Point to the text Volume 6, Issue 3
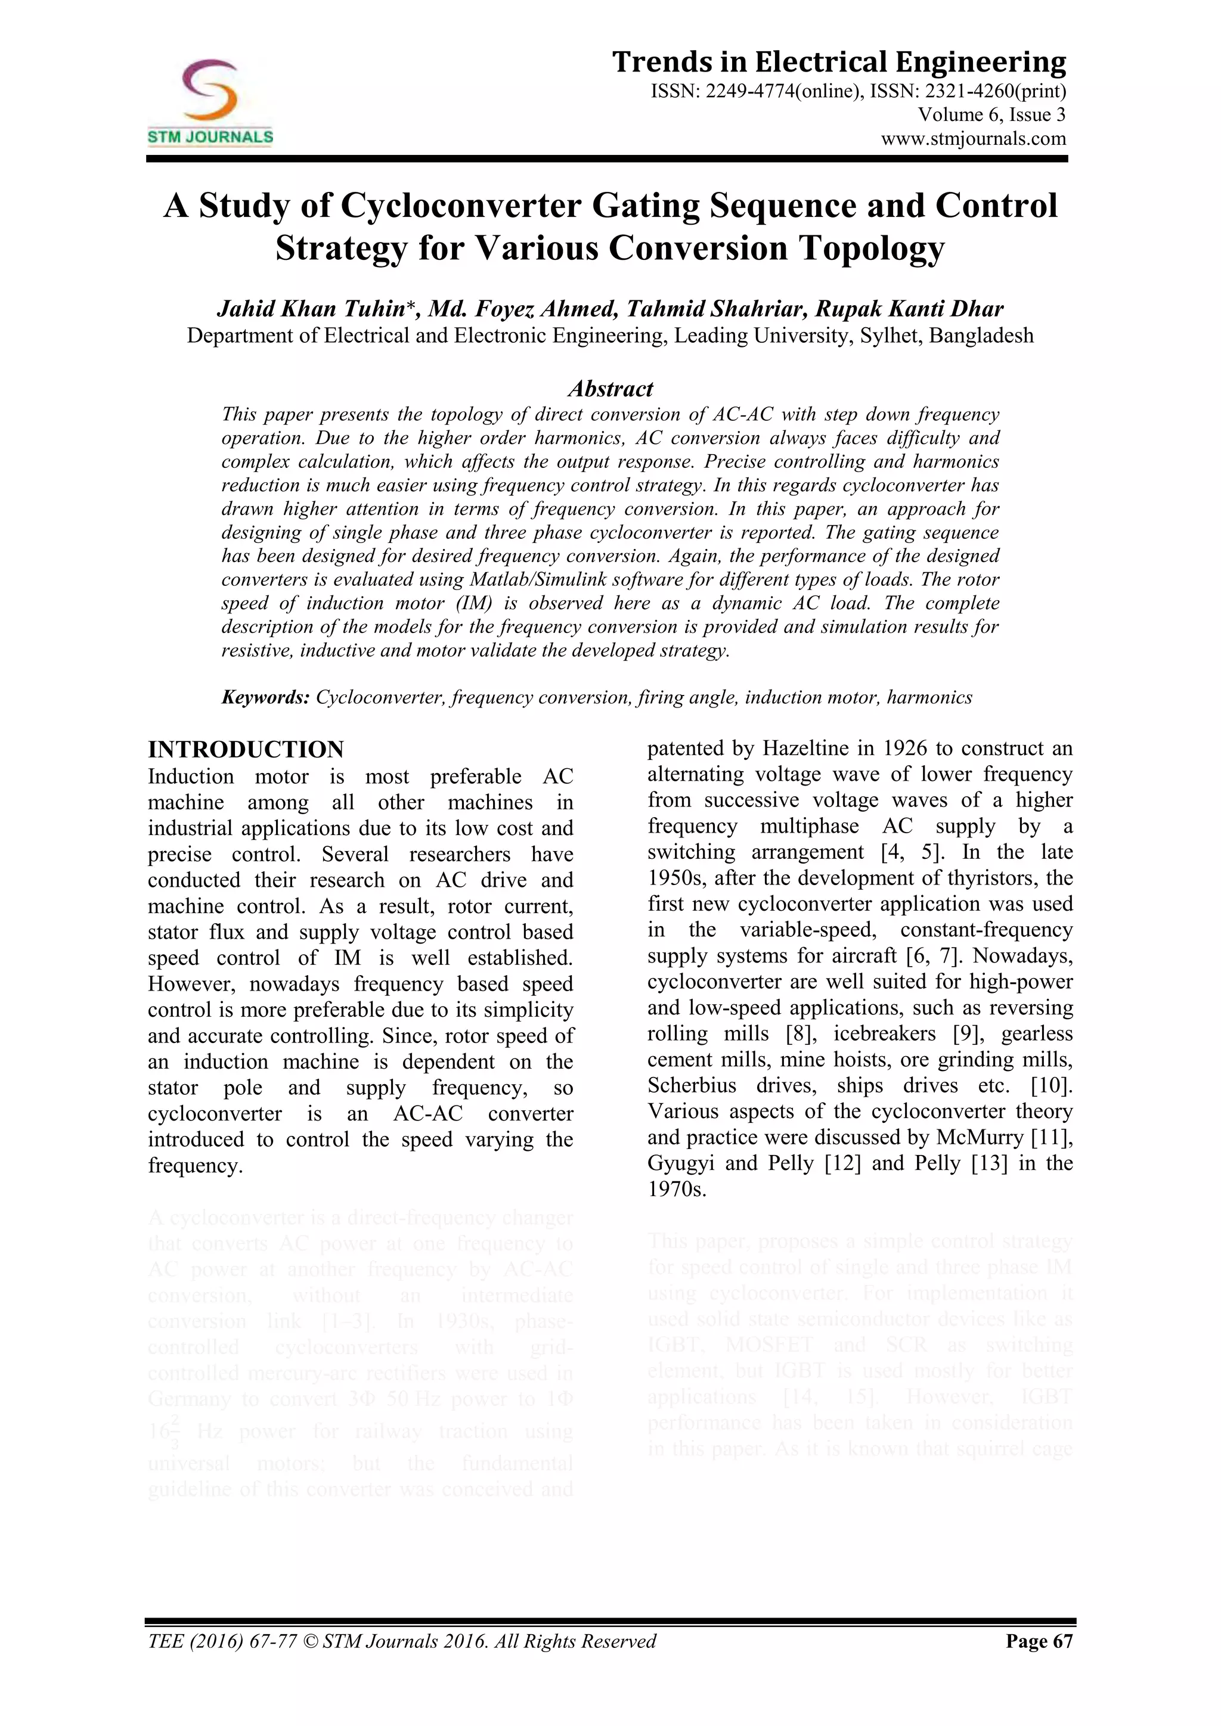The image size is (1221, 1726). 991,115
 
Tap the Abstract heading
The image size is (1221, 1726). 610,389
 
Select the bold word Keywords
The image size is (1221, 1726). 265,698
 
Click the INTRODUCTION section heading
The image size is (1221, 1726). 246,750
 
